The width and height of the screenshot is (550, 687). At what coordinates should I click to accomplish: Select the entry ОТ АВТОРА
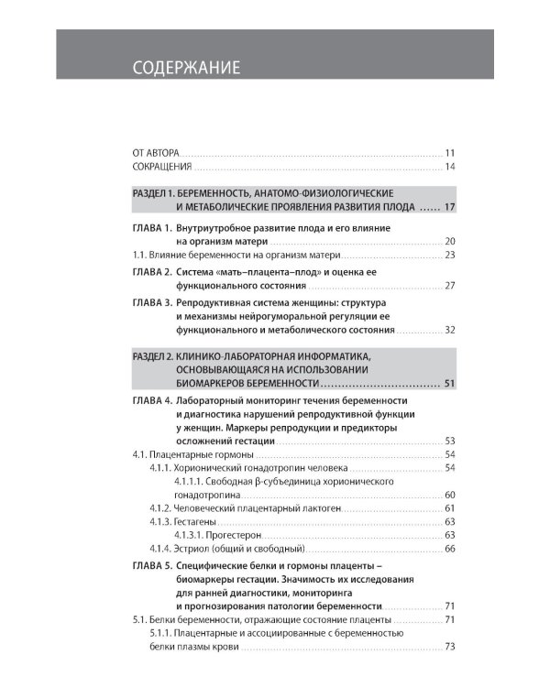pyautogui.click(x=157, y=152)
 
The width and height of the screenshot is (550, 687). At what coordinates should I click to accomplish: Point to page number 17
pyautogui.click(x=450, y=208)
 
